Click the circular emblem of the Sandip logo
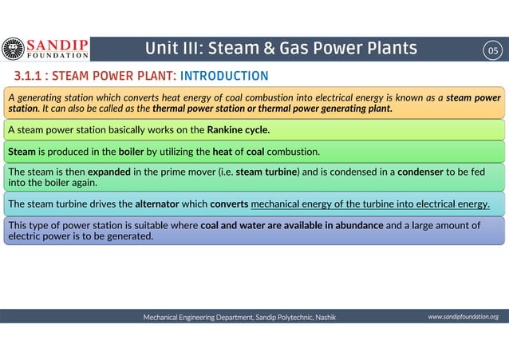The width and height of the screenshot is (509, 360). [x=13, y=49]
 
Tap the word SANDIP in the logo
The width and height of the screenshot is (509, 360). [x=58, y=44]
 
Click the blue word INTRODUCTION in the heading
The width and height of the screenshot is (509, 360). [x=224, y=77]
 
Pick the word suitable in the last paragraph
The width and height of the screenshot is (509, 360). [x=156, y=225]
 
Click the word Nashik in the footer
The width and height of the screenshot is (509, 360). [x=325, y=318]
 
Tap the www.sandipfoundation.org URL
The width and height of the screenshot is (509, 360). [x=463, y=317]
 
